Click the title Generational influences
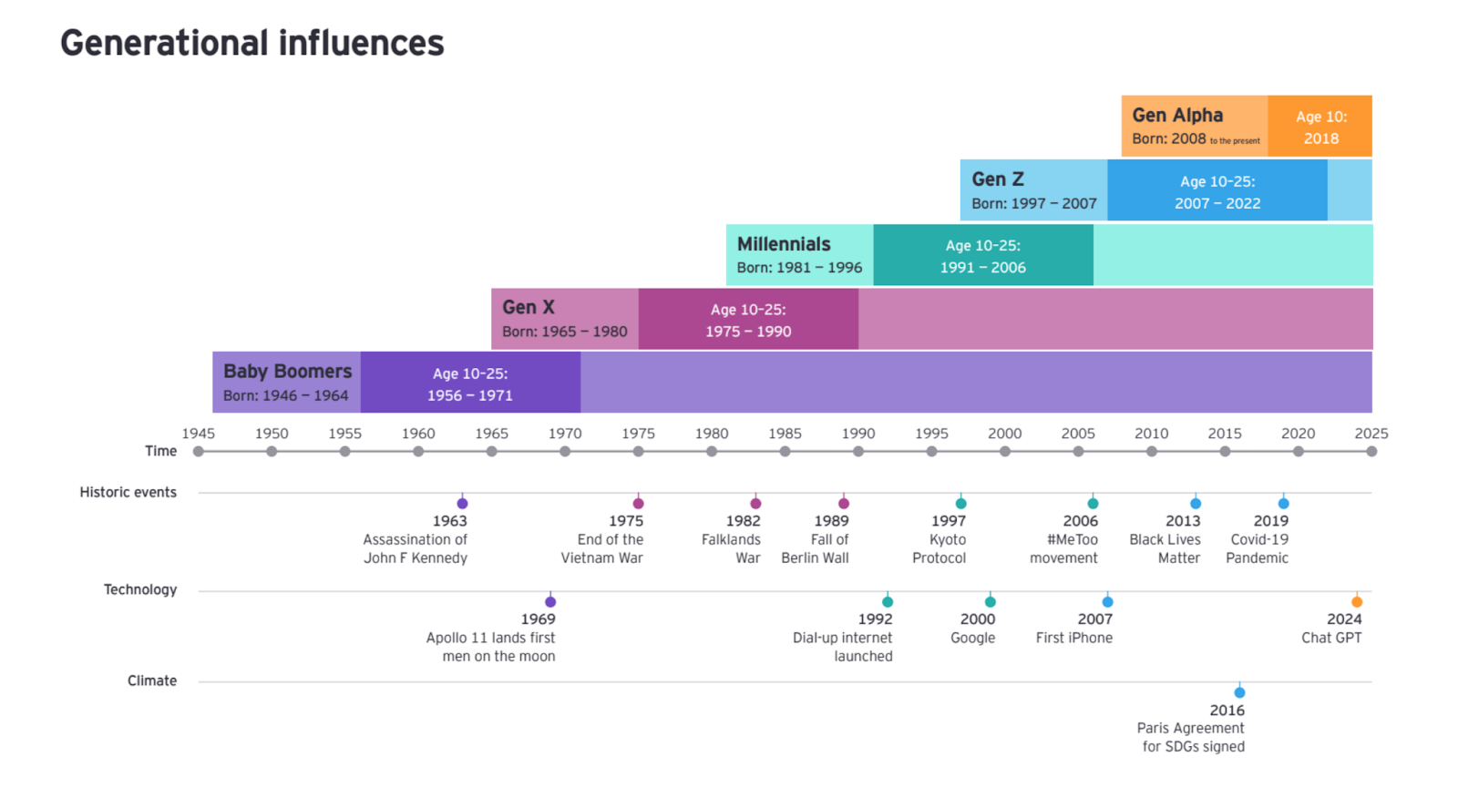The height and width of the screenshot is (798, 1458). pos(252,43)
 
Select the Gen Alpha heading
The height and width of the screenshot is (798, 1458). pos(1177,116)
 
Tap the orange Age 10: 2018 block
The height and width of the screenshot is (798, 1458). pos(1320,127)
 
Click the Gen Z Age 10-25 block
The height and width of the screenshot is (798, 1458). pos(1217,191)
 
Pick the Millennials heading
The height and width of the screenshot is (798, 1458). pos(784,244)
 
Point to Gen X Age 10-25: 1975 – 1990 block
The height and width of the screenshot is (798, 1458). pos(748,320)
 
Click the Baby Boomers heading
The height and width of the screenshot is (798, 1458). pos(287,372)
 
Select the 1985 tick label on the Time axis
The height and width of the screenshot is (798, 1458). pos(785,434)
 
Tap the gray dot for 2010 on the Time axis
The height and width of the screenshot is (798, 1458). pos(1152,452)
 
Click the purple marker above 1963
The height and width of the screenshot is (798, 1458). pos(462,504)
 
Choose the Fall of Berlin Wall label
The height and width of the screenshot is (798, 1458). pos(816,548)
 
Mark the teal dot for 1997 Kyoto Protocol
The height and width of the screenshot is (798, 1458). pos(960,504)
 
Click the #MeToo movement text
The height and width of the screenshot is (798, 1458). pos(1063,548)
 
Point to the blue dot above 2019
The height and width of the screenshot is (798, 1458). pos(1283,504)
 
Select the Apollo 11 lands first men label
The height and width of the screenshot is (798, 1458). pos(491,647)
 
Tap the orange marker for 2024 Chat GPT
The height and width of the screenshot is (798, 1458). pos(1357,602)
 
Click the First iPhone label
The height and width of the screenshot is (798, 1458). pos(1073,638)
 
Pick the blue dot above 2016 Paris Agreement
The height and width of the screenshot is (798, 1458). pos(1239,693)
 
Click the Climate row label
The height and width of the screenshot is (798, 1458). pos(152,680)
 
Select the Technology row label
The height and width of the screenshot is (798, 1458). pos(140,589)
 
